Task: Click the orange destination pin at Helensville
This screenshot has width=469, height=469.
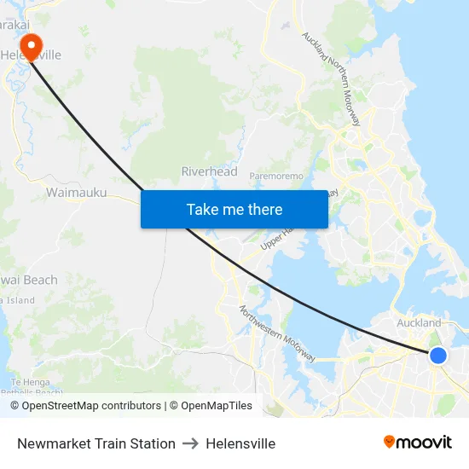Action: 32,45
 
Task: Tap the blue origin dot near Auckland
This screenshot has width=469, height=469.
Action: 437,355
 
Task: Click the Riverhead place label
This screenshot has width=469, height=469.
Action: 209,171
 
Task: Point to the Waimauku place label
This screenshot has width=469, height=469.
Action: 76,193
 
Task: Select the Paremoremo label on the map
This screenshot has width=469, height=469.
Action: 276,176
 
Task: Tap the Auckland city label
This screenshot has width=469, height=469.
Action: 419,323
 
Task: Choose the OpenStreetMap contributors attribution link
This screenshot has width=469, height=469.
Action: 85,406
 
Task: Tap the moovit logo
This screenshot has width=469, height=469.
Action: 417,443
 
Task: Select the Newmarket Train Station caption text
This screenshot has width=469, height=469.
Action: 96,443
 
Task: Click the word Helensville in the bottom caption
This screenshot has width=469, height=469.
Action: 240,443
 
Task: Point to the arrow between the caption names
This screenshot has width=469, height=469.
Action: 190,443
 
